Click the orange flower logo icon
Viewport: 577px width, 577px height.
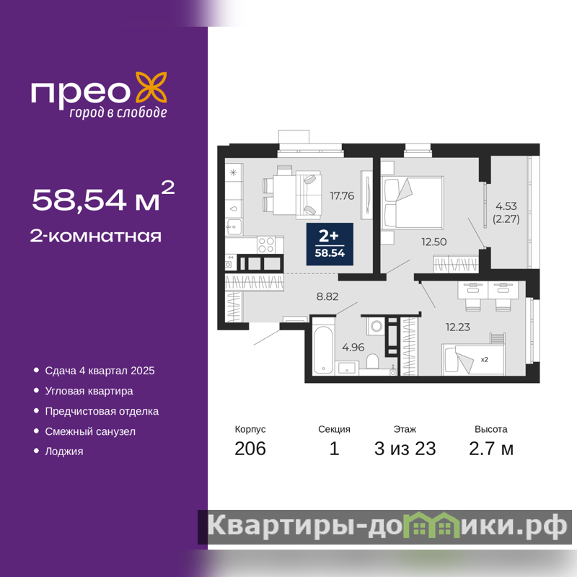click(151, 87)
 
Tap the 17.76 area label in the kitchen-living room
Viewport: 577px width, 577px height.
click(342, 195)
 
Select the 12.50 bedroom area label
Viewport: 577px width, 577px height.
click(434, 242)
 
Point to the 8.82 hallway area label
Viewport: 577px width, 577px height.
click(327, 296)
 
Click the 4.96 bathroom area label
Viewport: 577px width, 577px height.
click(353, 347)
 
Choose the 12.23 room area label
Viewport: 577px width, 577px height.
click(457, 327)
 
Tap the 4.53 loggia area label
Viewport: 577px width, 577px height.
click(506, 206)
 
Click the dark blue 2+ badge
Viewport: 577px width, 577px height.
click(330, 244)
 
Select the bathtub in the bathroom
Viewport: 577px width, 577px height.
click(323, 350)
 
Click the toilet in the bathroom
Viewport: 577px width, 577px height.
click(372, 361)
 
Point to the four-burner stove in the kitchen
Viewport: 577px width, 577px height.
click(266, 245)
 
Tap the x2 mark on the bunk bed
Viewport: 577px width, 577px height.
click(484, 359)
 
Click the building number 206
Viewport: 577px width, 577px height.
click(250, 449)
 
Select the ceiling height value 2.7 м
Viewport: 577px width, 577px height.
click(491, 449)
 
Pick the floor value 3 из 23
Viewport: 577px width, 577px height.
click(405, 449)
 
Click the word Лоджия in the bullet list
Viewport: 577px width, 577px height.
click(64, 452)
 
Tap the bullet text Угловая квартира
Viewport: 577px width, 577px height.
click(89, 391)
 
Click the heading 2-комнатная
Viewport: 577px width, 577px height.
click(96, 237)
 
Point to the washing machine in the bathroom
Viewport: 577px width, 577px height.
click(376, 325)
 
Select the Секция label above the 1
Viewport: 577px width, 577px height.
click(334, 429)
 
